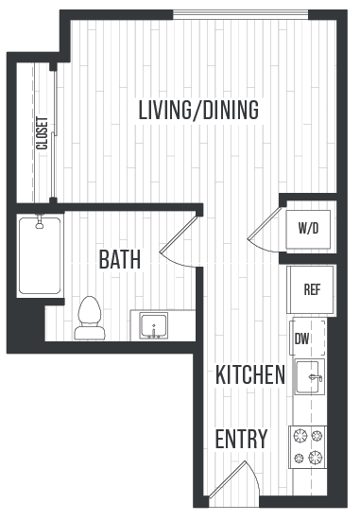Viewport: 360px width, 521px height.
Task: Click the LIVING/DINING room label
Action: (x=198, y=110)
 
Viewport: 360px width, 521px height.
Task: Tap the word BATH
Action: (x=119, y=259)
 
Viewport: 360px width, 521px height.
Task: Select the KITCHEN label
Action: (x=250, y=374)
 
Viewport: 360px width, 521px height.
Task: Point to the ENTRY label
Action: (x=241, y=440)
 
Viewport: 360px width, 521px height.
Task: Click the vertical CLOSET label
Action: (x=42, y=133)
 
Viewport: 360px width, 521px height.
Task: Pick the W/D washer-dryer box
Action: (x=308, y=229)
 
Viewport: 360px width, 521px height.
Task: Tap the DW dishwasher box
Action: (x=303, y=339)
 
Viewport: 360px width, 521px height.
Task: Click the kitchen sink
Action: (x=309, y=377)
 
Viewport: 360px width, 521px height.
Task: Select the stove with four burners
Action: (x=307, y=447)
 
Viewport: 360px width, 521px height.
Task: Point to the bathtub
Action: (x=40, y=255)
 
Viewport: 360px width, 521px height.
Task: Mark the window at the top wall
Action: (x=240, y=14)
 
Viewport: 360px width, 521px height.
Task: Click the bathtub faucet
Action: (x=40, y=225)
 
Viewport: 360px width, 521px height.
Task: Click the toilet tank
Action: (x=90, y=333)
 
